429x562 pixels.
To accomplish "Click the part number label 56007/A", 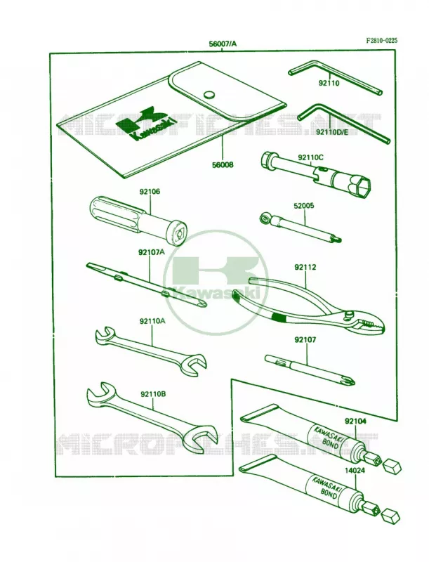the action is pyautogui.click(x=223, y=44).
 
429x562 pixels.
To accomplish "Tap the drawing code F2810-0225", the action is pyautogui.click(x=381, y=41).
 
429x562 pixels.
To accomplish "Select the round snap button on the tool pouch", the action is pyautogui.click(x=209, y=95).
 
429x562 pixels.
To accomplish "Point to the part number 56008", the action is pyautogui.click(x=223, y=165).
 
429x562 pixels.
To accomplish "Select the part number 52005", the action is pyautogui.click(x=304, y=206).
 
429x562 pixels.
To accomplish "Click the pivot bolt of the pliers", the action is pyautogui.click(x=348, y=314).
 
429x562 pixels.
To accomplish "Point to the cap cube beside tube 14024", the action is pyautogui.click(x=390, y=515).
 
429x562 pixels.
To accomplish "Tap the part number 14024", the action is pyautogui.click(x=355, y=471).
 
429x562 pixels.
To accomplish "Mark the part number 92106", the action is pyautogui.click(x=150, y=192).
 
